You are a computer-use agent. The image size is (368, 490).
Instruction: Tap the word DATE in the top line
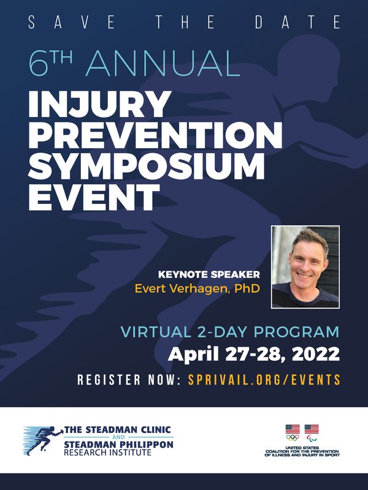click(x=297, y=22)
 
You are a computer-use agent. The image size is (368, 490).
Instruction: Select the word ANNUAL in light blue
click(x=163, y=64)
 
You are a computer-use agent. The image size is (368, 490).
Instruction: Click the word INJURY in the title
click(x=99, y=104)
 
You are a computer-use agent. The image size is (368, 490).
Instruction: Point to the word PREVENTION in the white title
click(x=155, y=135)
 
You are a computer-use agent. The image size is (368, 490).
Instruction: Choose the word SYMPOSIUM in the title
click(x=146, y=167)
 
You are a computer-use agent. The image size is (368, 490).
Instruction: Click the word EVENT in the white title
click(x=94, y=197)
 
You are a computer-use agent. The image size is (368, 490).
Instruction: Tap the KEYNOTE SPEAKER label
click(x=209, y=274)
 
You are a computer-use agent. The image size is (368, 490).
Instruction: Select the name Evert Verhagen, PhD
click(x=197, y=288)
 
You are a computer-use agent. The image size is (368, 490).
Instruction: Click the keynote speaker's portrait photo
click(x=305, y=267)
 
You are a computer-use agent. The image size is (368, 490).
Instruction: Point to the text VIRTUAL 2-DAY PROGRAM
click(x=230, y=332)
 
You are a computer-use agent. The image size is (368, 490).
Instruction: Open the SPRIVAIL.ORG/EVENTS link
click(x=264, y=380)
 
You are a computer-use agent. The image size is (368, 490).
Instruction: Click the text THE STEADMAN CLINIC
click(x=117, y=430)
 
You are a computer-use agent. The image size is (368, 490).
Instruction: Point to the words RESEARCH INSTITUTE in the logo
click(x=108, y=452)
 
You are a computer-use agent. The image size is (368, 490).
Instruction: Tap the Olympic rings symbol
click(x=293, y=438)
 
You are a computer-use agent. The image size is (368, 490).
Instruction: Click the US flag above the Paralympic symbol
click(x=312, y=429)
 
